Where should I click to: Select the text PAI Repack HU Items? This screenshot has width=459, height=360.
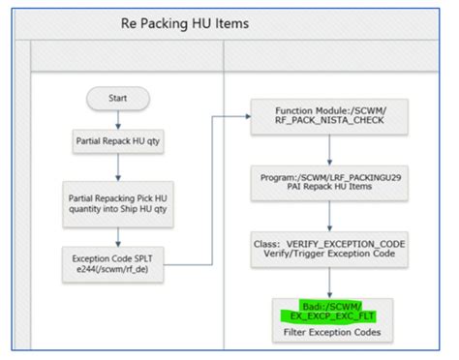[332, 188]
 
